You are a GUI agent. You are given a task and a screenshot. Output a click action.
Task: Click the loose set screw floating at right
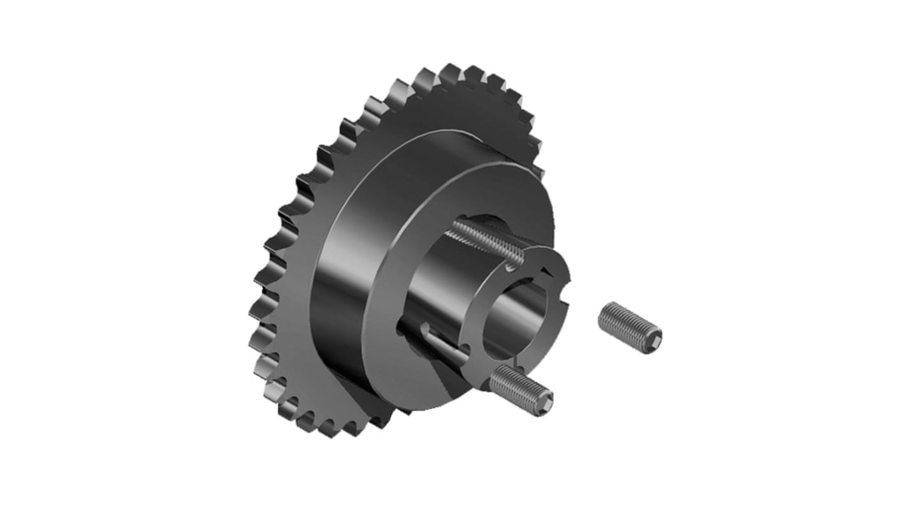630,328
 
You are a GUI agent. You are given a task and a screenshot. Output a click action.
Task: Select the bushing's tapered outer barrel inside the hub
433,281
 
